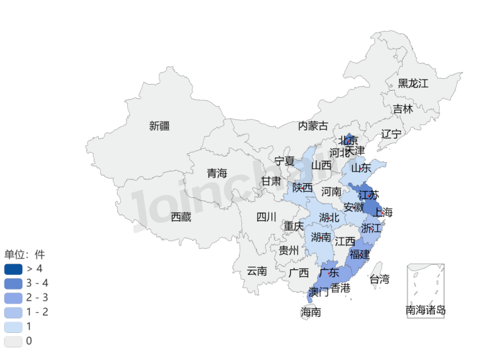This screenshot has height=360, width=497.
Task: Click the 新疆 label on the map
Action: pyautogui.click(x=159, y=125)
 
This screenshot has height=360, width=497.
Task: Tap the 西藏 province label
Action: pyautogui.click(x=181, y=217)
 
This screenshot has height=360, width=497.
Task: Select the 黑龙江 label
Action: pyautogui.click(x=413, y=83)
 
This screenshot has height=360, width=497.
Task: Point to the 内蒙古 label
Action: pyautogui.click(x=313, y=125)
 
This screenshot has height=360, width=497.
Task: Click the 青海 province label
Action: pyautogui.click(x=217, y=173)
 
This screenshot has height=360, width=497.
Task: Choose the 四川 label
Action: pyautogui.click(x=266, y=217)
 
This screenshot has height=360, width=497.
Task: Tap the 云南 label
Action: pyautogui.click(x=256, y=271)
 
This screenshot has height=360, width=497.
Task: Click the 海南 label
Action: pyautogui.click(x=311, y=311)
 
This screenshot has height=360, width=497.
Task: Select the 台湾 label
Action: pyautogui.click(x=379, y=279)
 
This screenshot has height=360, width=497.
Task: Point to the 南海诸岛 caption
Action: pyautogui.click(x=426, y=310)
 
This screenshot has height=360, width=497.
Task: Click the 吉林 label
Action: pyautogui.click(x=403, y=109)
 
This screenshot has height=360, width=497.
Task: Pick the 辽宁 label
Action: pyautogui.click(x=391, y=134)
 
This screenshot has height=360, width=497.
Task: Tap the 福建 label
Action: pyautogui.click(x=360, y=255)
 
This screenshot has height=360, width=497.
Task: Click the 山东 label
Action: pyautogui.click(x=360, y=168)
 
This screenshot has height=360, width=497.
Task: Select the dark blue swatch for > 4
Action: pyautogui.click(x=13, y=269)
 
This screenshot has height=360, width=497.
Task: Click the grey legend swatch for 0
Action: pyautogui.click(x=13, y=341)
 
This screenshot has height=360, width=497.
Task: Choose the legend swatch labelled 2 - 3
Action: pyautogui.click(x=13, y=298)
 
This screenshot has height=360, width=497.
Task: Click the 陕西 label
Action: pyautogui.click(x=302, y=187)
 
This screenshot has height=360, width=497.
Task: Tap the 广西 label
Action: pyautogui.click(x=299, y=273)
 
